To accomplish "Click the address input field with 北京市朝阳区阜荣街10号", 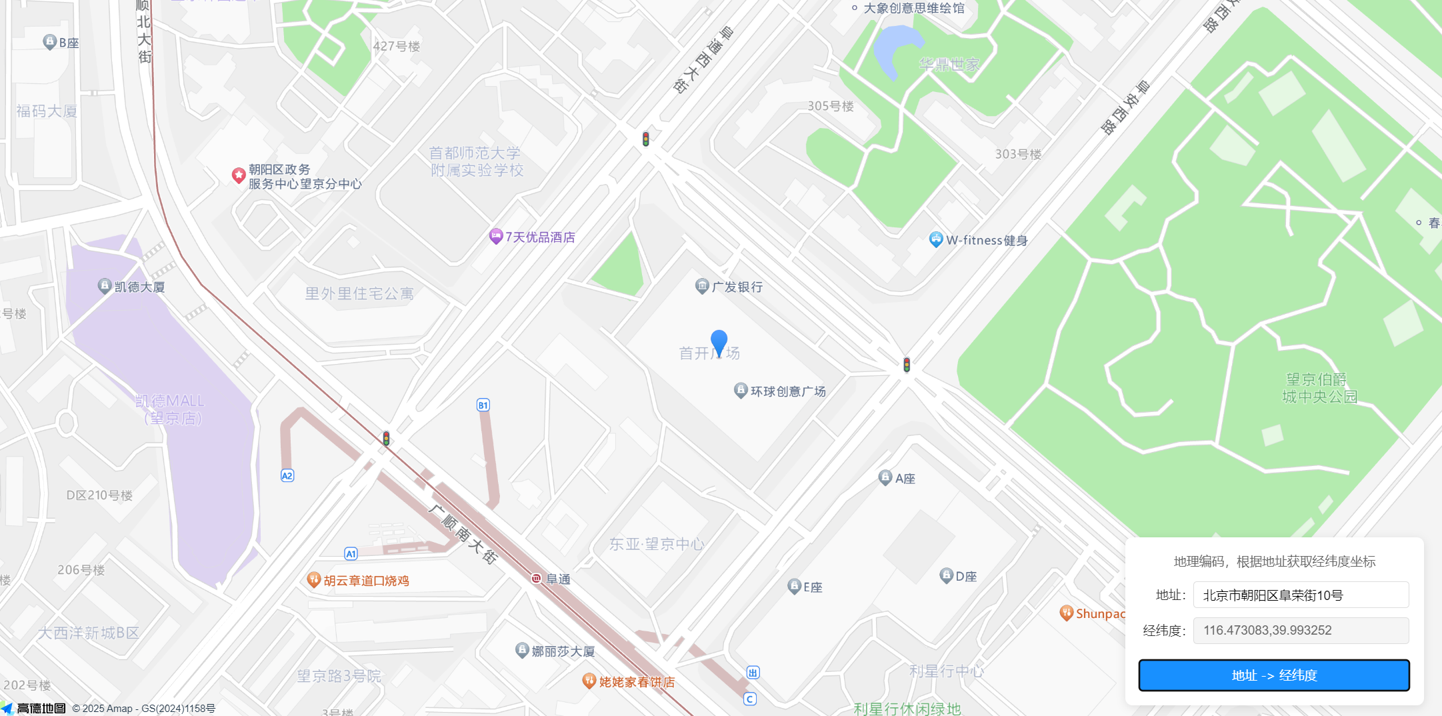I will click(1300, 595).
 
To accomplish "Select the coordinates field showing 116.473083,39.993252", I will click(1300, 631).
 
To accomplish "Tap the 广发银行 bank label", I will click(737, 287).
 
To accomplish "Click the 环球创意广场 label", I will click(787, 391).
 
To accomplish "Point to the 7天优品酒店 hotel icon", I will click(495, 236).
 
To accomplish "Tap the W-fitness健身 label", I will click(986, 240).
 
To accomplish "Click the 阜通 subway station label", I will click(557, 579).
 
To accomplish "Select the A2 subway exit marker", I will click(287, 475).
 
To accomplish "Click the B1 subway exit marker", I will click(483, 405).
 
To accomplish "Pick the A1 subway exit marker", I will click(351, 553).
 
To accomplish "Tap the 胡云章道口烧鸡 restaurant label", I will click(366, 581).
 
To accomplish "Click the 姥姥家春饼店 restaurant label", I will click(637, 682).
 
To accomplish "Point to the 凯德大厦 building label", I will click(139, 287).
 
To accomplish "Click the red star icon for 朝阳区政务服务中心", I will click(239, 175).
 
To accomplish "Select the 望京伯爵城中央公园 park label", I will click(1319, 388).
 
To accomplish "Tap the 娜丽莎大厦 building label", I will click(563, 651).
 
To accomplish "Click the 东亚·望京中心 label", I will click(657, 544).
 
